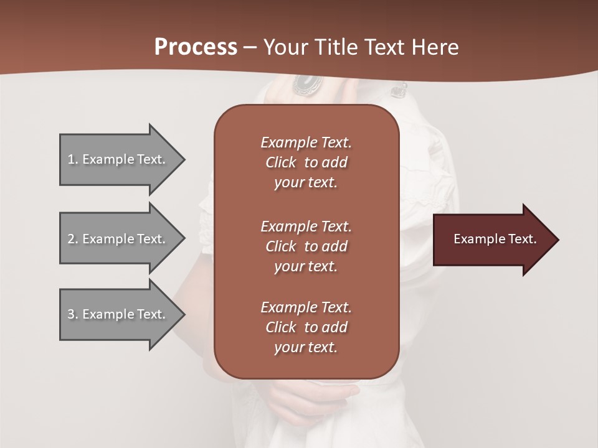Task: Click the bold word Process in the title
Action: tap(196, 47)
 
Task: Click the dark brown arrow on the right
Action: tap(492, 240)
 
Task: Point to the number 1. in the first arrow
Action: tap(73, 159)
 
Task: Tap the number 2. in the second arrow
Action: tap(73, 239)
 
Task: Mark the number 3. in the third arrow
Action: tap(73, 314)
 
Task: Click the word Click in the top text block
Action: tap(280, 162)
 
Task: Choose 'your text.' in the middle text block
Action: tap(306, 266)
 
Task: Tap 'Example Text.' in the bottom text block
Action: tap(306, 307)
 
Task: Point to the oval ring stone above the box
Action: tap(306, 83)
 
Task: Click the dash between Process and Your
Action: tap(250, 47)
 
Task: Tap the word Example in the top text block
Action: tap(288, 142)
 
